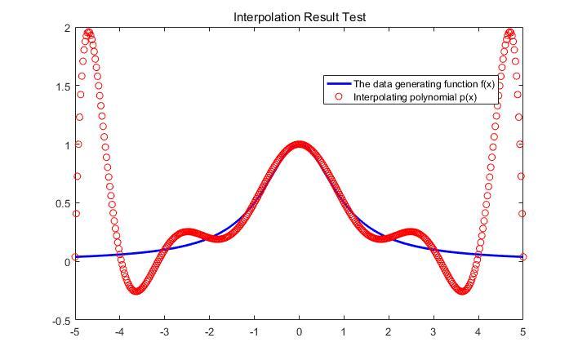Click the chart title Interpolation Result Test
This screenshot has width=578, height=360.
point(300,17)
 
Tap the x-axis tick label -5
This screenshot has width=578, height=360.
point(75,332)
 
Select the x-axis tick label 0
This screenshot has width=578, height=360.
point(299,332)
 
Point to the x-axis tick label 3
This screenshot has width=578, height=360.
point(433,332)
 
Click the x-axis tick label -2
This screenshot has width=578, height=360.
point(209,332)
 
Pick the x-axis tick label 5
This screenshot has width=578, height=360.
point(522,332)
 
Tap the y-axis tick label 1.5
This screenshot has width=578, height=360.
point(62,87)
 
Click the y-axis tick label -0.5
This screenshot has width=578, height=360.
point(60,321)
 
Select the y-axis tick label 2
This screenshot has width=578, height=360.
point(67,29)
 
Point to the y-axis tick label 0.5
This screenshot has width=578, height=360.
point(62,204)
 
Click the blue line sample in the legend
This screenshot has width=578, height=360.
point(339,84)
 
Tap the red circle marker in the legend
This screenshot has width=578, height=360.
point(339,97)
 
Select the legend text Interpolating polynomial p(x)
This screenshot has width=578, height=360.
point(415,97)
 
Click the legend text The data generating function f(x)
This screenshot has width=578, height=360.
point(424,84)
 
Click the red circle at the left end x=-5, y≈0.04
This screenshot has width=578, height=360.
point(75,257)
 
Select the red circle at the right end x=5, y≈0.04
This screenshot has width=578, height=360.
point(522,257)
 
